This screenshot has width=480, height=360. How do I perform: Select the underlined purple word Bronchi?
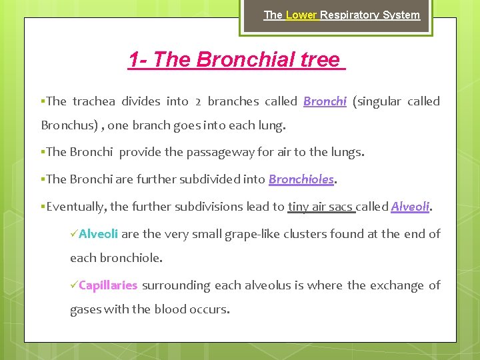pos(325,101)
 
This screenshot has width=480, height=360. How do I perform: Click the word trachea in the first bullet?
pos(93,101)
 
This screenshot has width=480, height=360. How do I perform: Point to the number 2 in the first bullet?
pos(198,102)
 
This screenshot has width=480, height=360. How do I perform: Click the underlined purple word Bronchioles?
pos(300,179)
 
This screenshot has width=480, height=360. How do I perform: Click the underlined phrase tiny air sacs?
pos(321,207)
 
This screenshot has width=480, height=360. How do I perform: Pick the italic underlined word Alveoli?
pos(410,207)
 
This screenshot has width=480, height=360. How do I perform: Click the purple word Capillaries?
pos(108,285)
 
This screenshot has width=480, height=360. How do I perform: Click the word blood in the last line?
pos(170,309)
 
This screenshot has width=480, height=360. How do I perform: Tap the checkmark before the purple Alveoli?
pos(74,234)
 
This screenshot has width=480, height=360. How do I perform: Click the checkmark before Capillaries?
pos(74,285)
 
